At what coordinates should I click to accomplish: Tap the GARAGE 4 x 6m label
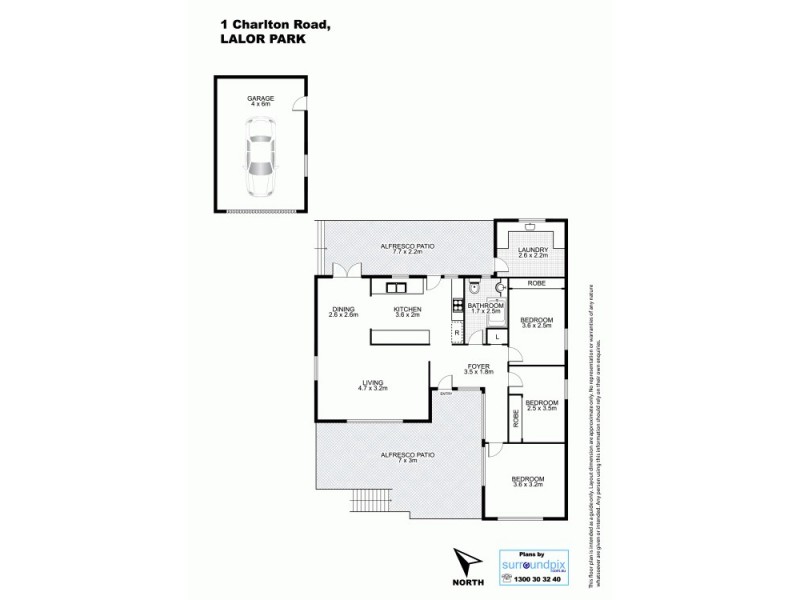point(260,101)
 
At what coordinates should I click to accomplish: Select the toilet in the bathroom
point(477,291)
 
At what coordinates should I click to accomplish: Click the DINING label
point(343,312)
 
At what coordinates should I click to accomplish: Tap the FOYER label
point(480,370)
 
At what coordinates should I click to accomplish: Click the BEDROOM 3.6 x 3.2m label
point(526,482)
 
